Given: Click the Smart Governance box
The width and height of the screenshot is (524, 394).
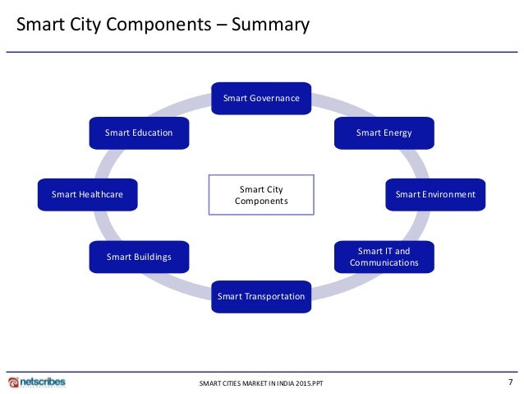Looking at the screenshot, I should (261, 99).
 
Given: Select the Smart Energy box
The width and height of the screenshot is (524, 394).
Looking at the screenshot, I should (384, 132).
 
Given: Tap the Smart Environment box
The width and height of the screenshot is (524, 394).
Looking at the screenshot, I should (435, 195).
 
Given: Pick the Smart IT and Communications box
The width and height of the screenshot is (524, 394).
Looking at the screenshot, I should (384, 257).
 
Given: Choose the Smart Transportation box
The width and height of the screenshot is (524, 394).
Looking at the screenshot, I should (261, 296).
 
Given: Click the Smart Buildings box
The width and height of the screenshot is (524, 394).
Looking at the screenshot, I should (139, 257).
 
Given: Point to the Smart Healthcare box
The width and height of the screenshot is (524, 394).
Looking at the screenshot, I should (87, 195).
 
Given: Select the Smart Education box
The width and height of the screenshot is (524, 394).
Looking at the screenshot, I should (139, 132).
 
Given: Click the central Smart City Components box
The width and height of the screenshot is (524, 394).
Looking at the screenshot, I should (261, 195).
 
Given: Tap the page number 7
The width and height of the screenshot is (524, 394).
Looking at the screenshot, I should (510, 382).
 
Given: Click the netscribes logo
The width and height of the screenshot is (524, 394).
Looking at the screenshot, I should (36, 382).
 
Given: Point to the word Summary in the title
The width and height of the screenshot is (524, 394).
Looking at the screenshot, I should (270, 25).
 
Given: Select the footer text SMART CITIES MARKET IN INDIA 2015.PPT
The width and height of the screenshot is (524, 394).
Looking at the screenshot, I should (261, 384).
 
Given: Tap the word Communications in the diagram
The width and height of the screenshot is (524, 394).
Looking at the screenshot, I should (384, 263).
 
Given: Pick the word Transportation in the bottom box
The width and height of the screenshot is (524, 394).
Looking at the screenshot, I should (274, 297).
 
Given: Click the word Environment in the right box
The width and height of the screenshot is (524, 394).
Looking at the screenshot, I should (448, 195).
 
